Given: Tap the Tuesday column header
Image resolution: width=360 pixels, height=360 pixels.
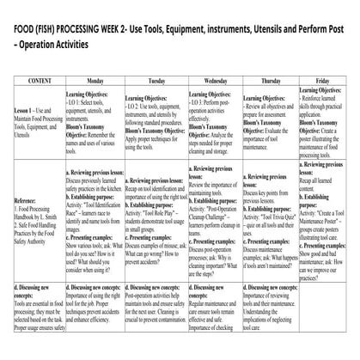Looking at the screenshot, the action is point(156,80).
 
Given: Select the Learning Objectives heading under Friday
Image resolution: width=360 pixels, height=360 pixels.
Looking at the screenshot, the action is point(328,90).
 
